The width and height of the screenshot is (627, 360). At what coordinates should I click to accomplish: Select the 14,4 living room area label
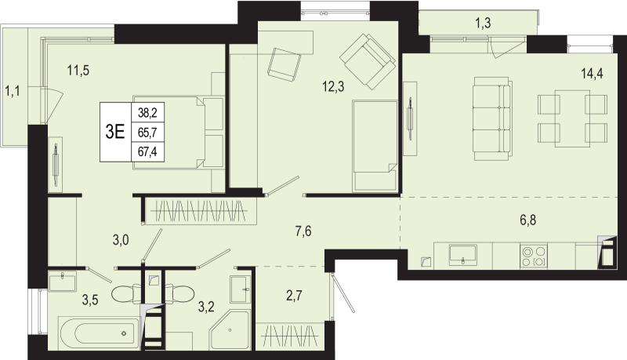(x=591, y=76)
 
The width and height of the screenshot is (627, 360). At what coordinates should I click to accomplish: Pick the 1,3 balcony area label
(x=483, y=23)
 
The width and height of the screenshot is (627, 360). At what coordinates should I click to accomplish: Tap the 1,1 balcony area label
(x=13, y=93)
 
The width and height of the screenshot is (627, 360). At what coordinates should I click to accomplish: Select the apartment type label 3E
(x=115, y=132)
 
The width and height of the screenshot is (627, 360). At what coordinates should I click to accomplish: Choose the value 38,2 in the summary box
(x=147, y=113)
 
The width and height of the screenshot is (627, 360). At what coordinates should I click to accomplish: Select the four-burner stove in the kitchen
(x=535, y=256)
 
